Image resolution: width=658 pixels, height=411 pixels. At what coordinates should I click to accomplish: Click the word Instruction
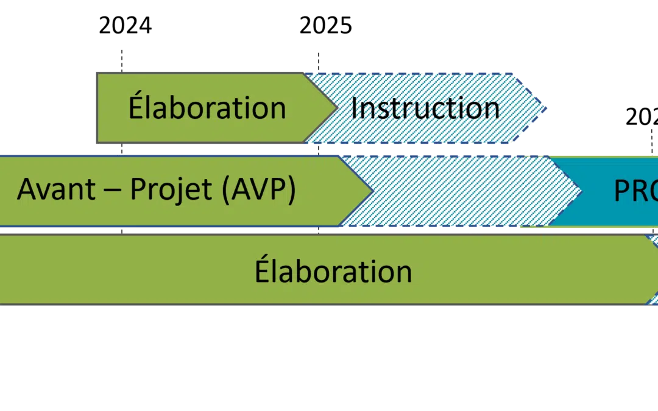tap(425, 108)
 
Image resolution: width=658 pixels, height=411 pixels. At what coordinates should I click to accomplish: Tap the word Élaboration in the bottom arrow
tap(333, 271)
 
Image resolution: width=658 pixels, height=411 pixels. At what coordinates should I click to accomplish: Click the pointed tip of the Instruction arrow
tap(546, 108)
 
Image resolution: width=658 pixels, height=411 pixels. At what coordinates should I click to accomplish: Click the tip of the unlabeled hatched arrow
tap(579, 191)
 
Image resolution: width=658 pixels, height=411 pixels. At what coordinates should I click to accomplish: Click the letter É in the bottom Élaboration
tap(261, 270)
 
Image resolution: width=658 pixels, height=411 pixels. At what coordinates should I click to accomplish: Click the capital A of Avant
tap(26, 190)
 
